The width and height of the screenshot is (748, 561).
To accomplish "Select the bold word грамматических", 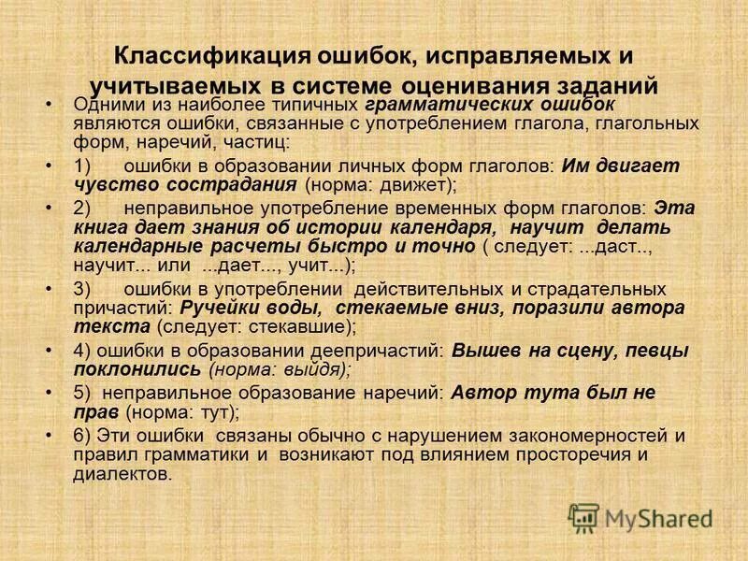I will pos(439,104).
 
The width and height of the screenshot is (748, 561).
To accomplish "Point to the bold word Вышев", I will pos(481,351).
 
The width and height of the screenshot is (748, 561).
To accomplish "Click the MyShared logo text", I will pos(658,517).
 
